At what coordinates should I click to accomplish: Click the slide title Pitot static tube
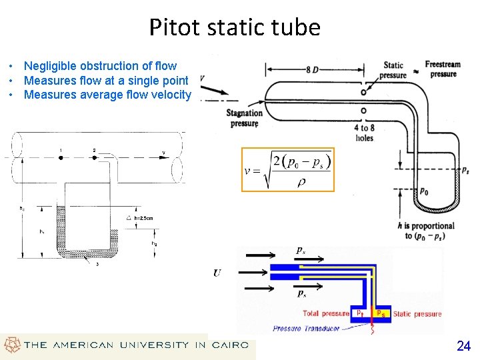point(235,28)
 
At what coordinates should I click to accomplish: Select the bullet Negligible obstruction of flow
point(100,66)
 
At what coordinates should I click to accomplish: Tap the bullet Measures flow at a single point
point(106,81)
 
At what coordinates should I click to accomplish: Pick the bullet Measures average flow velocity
point(107,95)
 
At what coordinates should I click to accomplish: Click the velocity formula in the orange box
point(287,169)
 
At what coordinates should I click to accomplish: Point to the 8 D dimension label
point(311,69)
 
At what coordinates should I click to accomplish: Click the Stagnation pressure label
point(245,118)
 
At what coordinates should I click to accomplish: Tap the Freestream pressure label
point(443,69)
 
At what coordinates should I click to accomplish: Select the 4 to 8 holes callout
point(364,133)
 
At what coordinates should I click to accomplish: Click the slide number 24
point(463,345)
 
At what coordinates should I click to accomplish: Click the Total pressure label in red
point(326,313)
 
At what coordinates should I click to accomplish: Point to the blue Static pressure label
point(417,313)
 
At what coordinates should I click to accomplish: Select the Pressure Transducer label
point(306,328)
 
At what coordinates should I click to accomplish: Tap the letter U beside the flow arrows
point(217,273)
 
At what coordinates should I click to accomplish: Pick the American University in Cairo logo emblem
point(11,345)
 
